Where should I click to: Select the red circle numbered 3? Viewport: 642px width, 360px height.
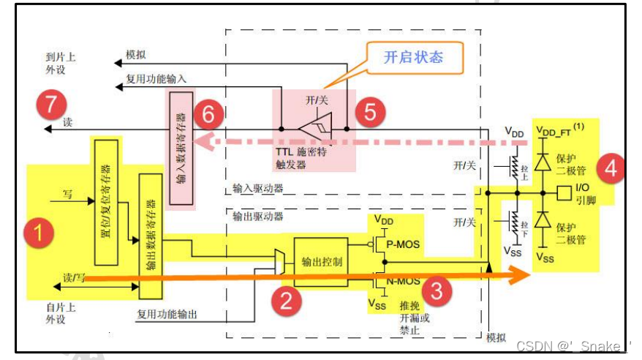point(437,291)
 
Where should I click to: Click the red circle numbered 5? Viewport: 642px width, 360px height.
point(369,111)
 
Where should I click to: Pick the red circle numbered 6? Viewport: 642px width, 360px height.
point(208,114)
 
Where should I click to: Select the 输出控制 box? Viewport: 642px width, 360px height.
point(322,262)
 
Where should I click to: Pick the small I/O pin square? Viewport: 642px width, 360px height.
point(563,194)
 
